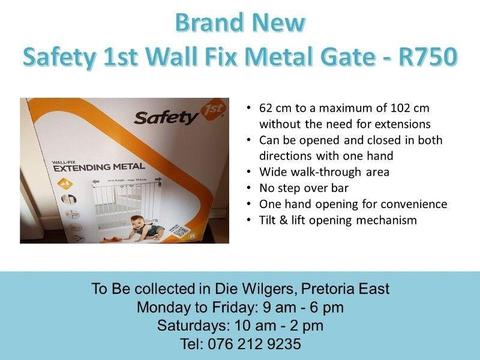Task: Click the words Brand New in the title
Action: click(240, 22)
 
